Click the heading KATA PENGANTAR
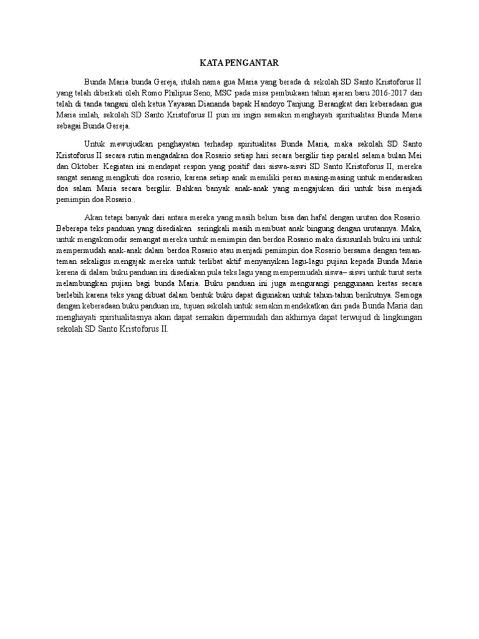point(239,63)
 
